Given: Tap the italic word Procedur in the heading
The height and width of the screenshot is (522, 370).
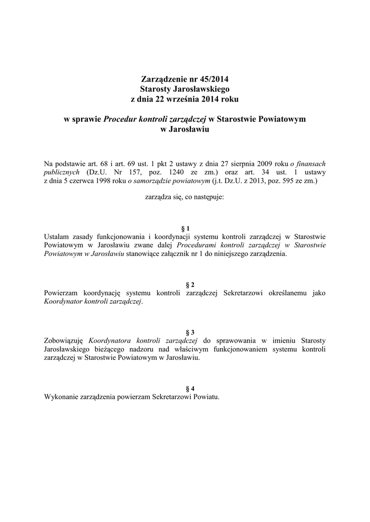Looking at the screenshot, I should pos(120,119).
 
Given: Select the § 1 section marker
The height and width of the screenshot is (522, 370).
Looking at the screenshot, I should pos(185,228).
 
